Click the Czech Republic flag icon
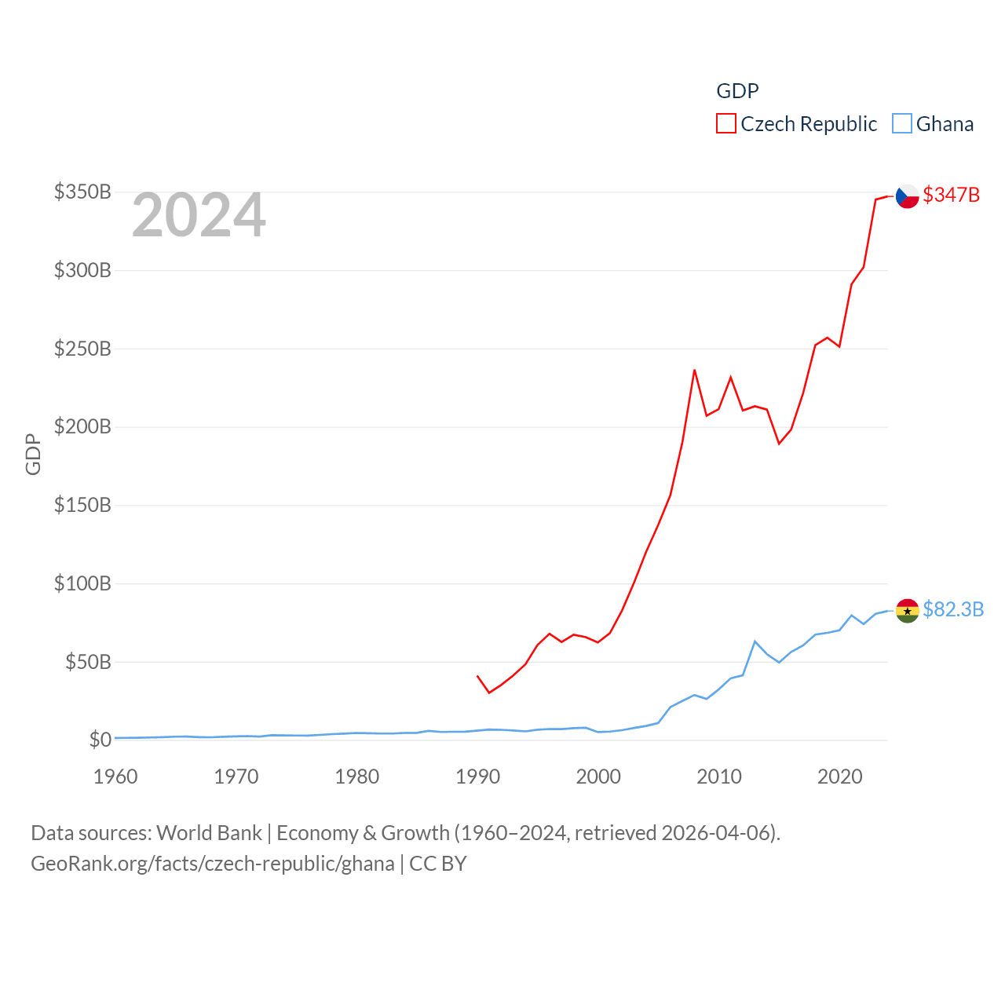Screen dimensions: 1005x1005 [907, 196]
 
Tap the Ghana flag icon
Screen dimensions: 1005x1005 [907, 611]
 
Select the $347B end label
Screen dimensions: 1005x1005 [951, 195]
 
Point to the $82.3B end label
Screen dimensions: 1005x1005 [953, 609]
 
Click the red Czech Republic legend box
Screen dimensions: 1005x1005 [726, 124]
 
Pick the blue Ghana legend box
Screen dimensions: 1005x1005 [902, 124]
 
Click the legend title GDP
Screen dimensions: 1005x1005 [737, 91]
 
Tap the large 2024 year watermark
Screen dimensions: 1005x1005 [199, 215]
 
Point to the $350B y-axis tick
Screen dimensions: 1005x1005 [82, 192]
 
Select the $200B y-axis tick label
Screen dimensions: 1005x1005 [82, 427]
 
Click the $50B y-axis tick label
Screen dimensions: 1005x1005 [88, 662]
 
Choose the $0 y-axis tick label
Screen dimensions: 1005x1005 [100, 740]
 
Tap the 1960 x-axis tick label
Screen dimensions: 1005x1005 [115, 777]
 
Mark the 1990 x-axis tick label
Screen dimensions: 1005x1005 [477, 777]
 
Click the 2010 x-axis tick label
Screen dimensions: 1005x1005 [719, 777]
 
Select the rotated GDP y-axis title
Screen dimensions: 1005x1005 [33, 454]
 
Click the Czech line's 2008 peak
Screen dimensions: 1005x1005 [694, 370]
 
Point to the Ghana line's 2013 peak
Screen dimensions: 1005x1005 [755, 641]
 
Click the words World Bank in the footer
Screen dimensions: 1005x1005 [209, 832]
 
